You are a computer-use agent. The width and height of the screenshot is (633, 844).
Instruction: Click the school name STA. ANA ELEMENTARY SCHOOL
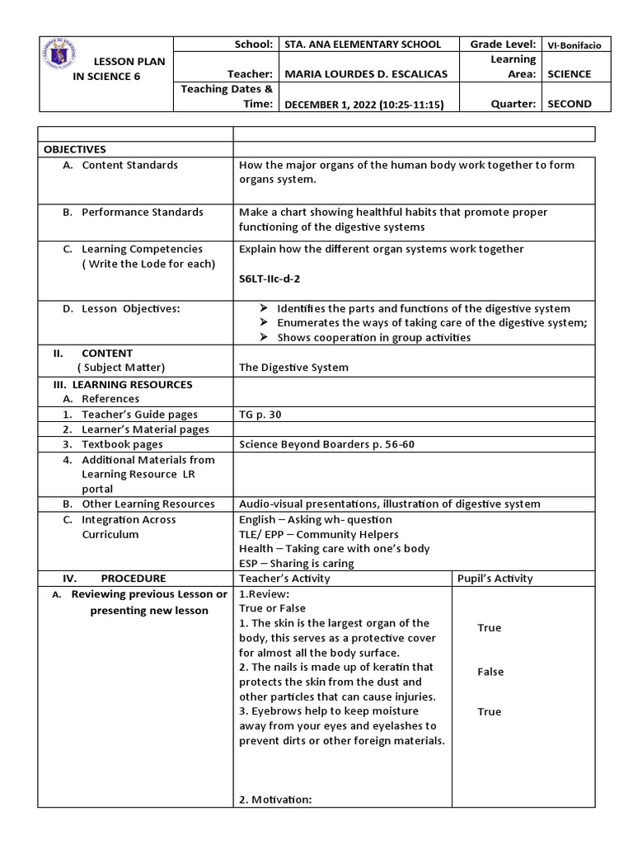click(361, 45)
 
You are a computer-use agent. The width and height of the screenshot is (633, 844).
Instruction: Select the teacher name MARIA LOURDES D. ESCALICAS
click(364, 74)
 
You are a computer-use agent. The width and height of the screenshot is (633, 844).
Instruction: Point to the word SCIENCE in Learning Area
click(569, 74)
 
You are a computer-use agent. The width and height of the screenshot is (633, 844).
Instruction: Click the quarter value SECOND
click(569, 104)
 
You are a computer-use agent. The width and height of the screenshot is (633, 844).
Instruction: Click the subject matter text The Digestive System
click(293, 368)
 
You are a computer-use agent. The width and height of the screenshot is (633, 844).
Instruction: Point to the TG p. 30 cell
click(260, 415)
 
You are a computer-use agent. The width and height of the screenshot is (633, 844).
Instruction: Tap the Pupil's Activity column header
click(495, 578)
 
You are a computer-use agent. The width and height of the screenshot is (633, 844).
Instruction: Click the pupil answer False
click(490, 672)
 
